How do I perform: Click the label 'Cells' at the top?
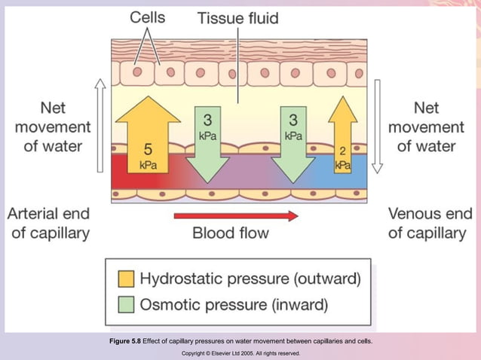click(x=148, y=17)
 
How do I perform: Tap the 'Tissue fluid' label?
click(x=238, y=17)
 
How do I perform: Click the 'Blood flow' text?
click(x=230, y=233)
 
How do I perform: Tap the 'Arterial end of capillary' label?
click(x=49, y=223)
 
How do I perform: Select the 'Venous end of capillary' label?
click(x=427, y=223)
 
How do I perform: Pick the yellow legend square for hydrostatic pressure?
click(x=127, y=279)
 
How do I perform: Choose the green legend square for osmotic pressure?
click(x=127, y=304)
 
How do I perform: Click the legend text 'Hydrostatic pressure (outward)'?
click(x=250, y=279)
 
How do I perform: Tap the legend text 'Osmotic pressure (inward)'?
click(x=234, y=304)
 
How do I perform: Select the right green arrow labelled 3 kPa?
click(x=293, y=143)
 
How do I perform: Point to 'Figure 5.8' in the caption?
click(x=125, y=341)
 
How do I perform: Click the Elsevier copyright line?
click(x=240, y=352)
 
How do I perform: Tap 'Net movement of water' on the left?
click(x=52, y=127)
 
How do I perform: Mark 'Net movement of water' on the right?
click(x=426, y=127)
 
